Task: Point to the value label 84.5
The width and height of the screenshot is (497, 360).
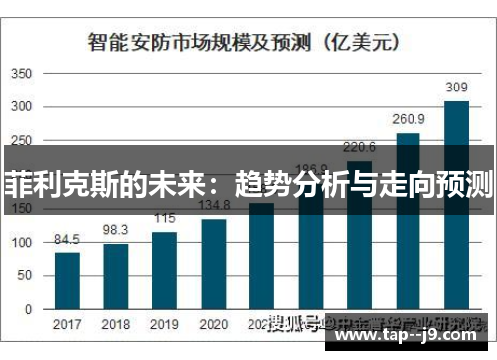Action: (67, 239)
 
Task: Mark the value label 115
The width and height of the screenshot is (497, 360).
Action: (165, 218)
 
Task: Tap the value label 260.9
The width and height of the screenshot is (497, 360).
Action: (408, 118)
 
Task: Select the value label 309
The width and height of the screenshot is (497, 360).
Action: (456, 88)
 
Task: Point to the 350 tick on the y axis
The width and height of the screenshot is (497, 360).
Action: (22, 74)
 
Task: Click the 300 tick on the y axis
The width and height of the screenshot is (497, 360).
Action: (22, 108)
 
